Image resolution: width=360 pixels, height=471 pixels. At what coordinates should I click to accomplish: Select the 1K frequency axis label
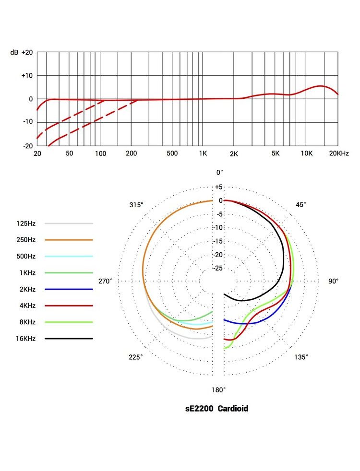203,153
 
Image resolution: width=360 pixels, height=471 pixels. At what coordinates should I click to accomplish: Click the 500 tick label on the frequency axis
172,153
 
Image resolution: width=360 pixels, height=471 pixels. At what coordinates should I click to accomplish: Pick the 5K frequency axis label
276,153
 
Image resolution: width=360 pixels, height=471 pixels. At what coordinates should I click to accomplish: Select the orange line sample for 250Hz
69,240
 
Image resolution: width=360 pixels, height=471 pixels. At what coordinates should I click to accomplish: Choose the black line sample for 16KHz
69,339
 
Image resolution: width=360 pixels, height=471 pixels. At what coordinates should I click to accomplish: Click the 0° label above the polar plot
219,172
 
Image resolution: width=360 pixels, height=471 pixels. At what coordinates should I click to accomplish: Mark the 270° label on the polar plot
105,281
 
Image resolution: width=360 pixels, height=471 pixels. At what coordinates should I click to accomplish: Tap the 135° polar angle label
301,357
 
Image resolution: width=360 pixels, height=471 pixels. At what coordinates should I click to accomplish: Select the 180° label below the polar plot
219,390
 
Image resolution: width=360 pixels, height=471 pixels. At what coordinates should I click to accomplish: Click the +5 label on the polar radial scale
218,187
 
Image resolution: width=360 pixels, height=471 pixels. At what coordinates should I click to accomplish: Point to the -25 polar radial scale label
218,268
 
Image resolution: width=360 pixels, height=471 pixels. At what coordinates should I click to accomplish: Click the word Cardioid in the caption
233,409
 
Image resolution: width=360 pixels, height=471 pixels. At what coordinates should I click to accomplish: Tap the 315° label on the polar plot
136,205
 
